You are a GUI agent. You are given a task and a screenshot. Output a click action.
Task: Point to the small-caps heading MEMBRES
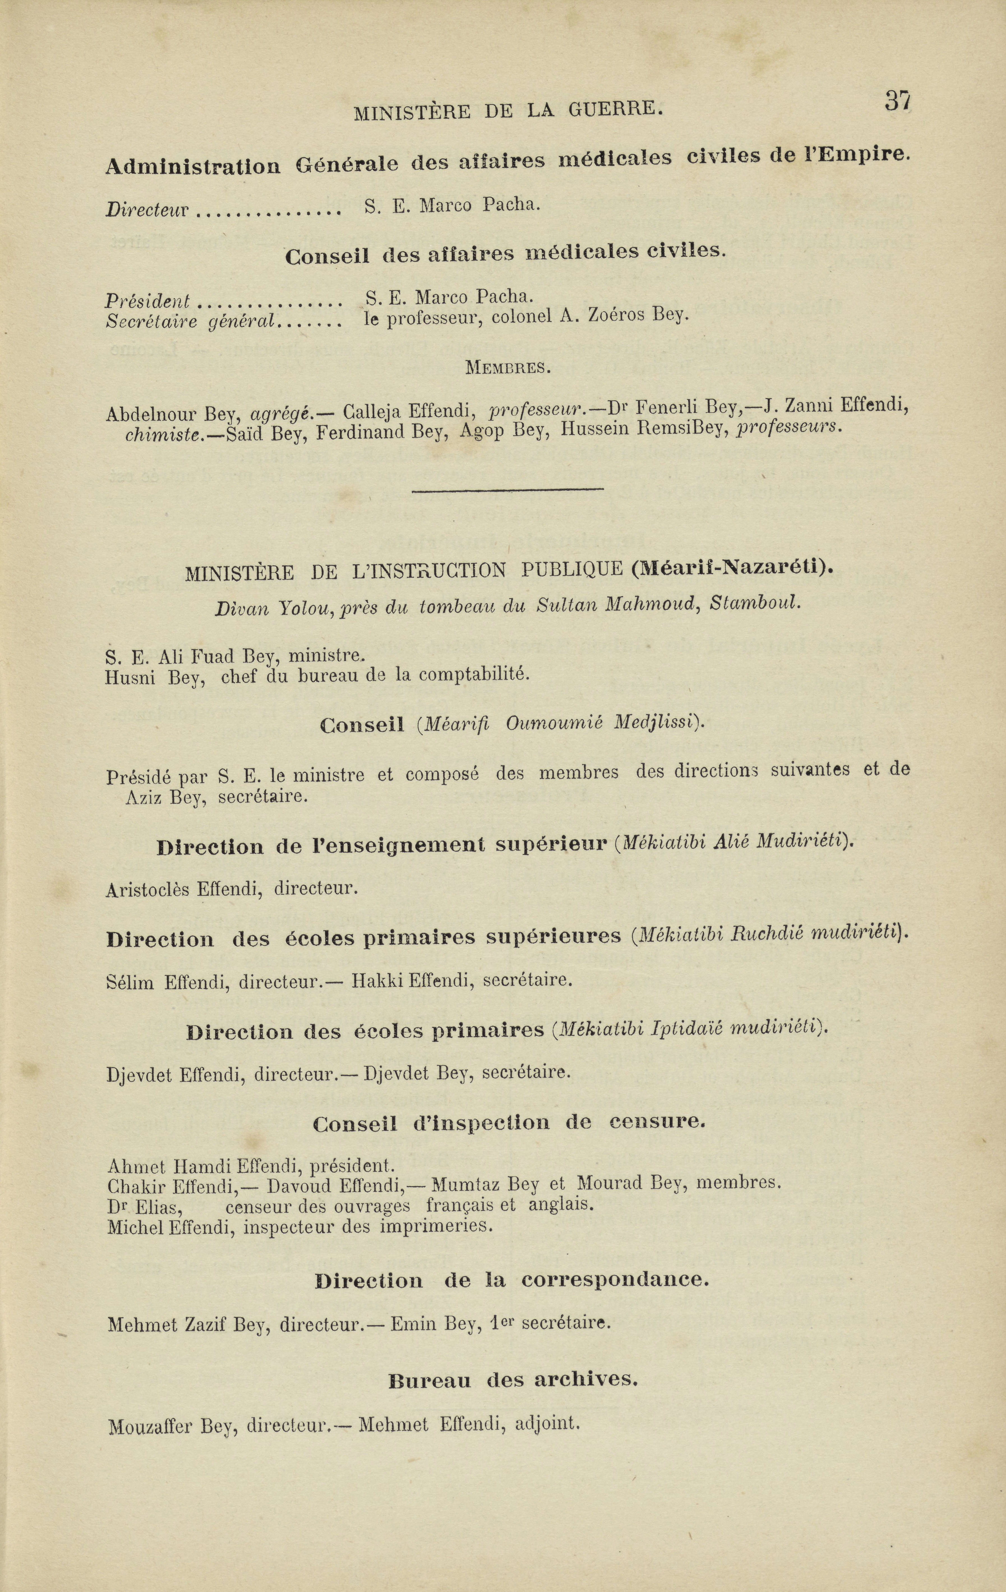pyautogui.click(x=508, y=368)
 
